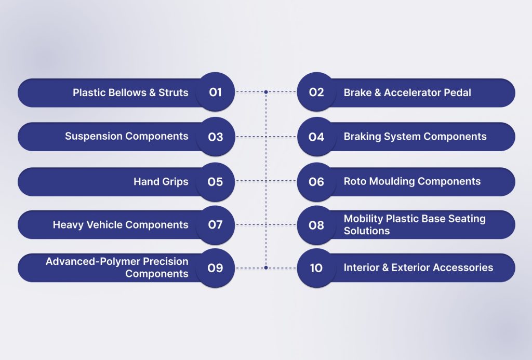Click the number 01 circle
215,91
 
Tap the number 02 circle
316,91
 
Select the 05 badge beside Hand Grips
215,182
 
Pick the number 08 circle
316,225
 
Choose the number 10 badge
316,268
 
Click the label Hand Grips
161,181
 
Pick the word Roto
355,181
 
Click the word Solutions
367,231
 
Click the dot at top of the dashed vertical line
266,91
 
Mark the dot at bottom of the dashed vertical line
266,268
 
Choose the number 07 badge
215,225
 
